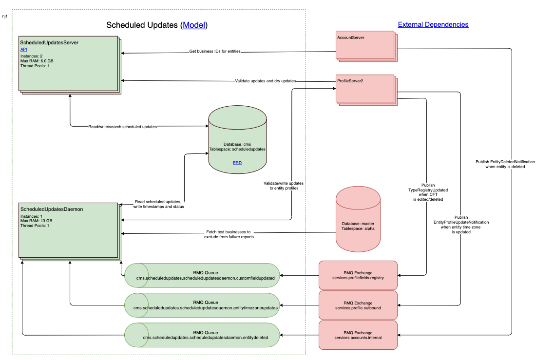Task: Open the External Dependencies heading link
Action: (x=433, y=24)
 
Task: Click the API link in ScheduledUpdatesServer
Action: (x=23, y=49)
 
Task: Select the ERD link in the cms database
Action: (x=237, y=163)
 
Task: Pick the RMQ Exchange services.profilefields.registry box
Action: (x=358, y=275)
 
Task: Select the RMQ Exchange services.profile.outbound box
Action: (x=358, y=305)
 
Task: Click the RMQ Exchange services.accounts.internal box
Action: (x=358, y=335)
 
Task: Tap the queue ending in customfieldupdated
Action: (x=202, y=275)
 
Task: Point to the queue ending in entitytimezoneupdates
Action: (x=202, y=305)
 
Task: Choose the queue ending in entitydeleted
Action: (x=202, y=335)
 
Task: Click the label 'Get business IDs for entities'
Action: (x=215, y=51)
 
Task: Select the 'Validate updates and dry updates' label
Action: (x=265, y=81)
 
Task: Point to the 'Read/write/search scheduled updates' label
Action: (x=122, y=127)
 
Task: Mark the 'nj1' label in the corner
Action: (x=5, y=16)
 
